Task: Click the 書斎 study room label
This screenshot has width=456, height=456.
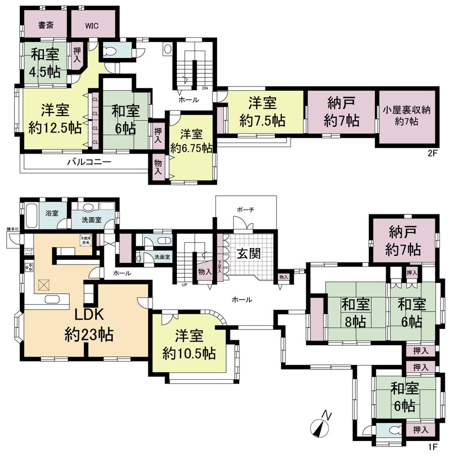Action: point(45,25)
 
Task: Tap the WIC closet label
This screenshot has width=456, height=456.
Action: point(91,25)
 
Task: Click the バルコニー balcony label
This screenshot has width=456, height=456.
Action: point(89,161)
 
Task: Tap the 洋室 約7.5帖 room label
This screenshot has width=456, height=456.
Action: point(263,112)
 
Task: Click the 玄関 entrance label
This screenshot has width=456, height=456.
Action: point(248,254)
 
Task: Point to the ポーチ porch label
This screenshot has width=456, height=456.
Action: point(245,209)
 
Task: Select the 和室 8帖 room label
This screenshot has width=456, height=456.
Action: point(356,313)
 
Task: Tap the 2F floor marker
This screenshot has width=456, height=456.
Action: point(432,153)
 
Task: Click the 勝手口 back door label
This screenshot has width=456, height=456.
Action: point(12,228)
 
